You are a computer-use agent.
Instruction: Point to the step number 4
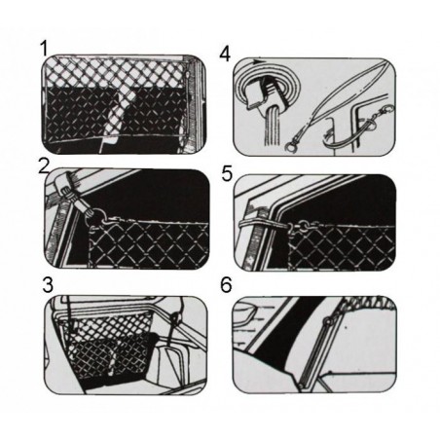tap(226, 51)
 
